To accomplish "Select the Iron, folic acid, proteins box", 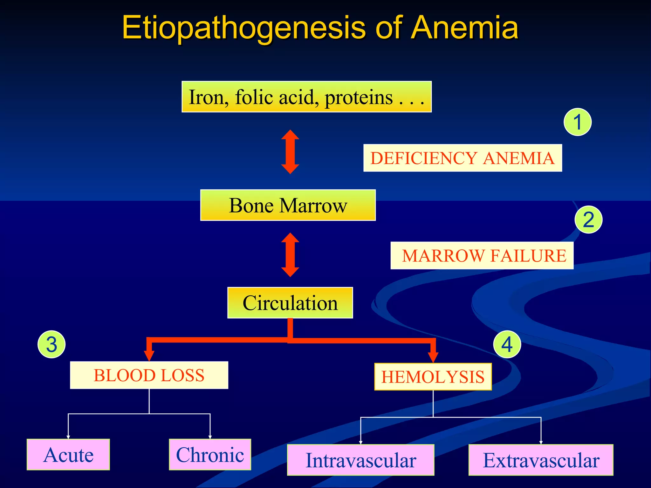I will pos(306,97).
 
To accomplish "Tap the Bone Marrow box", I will pos(288,205).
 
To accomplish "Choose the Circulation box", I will pos(290,303).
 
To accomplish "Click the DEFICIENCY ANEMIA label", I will pos(463,158).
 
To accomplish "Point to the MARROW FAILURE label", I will pos(482,255).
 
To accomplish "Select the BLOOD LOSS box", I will pos(149,375).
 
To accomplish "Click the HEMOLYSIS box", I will pos(433,377).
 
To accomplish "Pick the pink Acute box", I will pos(68,455).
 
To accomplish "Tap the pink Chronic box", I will pos(210,455).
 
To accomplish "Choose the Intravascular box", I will pos(360,460).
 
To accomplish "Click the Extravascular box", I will pos(541,460).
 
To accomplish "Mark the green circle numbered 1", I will pos(578,122).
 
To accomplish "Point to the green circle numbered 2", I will pos(589,220).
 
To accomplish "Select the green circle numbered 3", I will pos(51,344).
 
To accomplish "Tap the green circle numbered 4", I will pos(507,344).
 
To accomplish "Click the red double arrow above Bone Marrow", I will pos(290,152).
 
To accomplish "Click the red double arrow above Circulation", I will pos(290,255).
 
